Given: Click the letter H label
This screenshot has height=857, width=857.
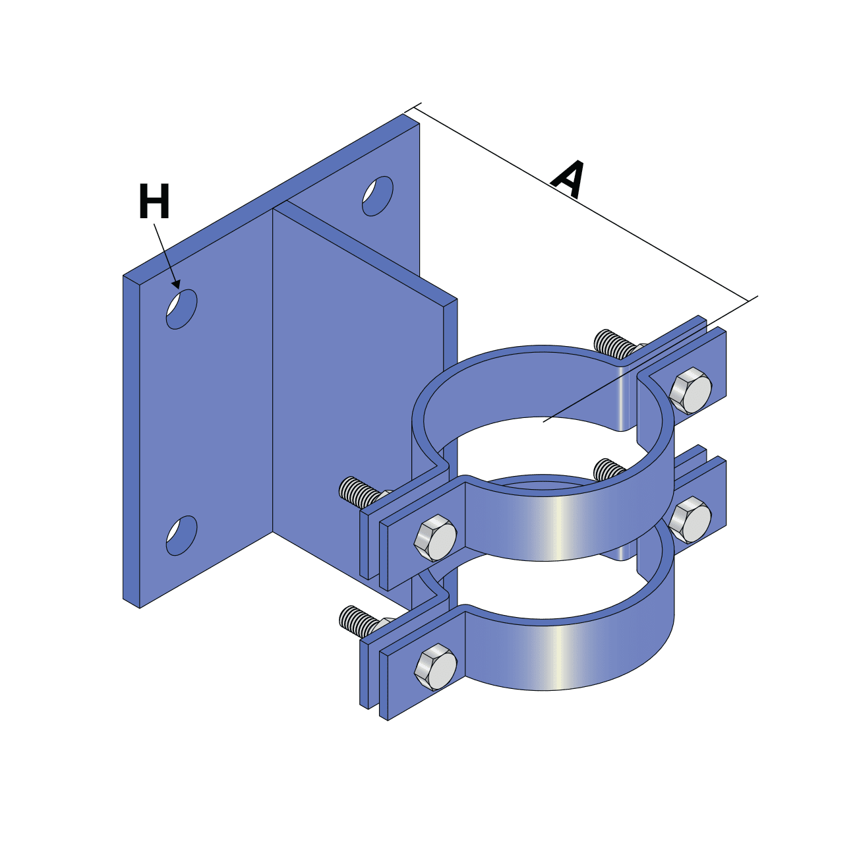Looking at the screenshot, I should coord(154,202).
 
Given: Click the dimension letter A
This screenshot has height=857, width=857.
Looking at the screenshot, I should coord(569,178).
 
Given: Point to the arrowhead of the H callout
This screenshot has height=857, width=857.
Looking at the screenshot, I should coord(176,284).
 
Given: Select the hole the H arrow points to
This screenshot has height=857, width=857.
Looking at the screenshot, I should coord(181,309).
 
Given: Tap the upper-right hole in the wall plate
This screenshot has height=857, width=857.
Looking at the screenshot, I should coord(378,196).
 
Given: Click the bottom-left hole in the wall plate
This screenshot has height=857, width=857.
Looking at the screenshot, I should coord(181,535).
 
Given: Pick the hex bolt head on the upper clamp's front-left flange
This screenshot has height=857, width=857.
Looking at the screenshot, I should coord(435,537).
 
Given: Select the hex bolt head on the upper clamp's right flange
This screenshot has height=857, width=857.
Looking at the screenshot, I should coord(690,391).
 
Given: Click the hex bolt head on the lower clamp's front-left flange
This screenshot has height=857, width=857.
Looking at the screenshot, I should coord(435,668).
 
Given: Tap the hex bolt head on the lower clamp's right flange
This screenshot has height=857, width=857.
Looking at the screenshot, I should coord(690,519).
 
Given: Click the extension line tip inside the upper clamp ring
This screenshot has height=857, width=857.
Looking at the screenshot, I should coord(544,420).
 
